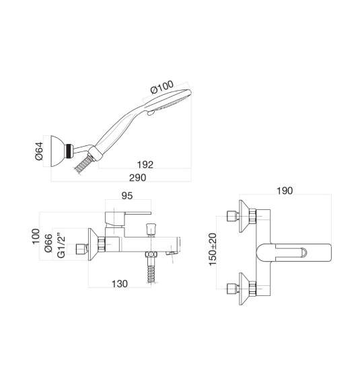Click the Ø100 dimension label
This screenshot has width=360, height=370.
(162, 87)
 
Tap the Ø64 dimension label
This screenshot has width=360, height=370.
(39, 151)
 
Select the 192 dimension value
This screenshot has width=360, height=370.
(145, 164)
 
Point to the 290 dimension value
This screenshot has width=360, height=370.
(138, 178)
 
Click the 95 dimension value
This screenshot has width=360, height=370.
(127, 196)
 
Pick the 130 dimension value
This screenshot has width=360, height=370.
(120, 284)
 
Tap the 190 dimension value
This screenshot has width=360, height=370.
(285, 190)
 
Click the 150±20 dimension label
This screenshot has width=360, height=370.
(213, 249)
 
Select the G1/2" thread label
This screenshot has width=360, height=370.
(61, 246)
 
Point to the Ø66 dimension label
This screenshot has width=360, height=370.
(48, 243)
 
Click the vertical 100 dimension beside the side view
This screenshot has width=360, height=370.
(36, 236)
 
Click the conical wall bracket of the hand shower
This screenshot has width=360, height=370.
(58, 151)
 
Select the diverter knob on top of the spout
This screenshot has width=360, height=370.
(150, 229)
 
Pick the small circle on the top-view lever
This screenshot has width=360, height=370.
(303, 252)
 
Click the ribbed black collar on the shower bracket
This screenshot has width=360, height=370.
(69, 151)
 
